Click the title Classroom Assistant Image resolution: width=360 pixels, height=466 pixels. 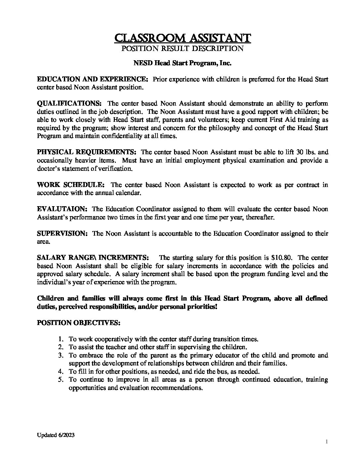coord(182,38)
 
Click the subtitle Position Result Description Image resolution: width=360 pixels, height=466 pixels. coord(182,49)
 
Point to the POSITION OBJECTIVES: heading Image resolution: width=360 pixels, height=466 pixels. coord(78,323)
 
